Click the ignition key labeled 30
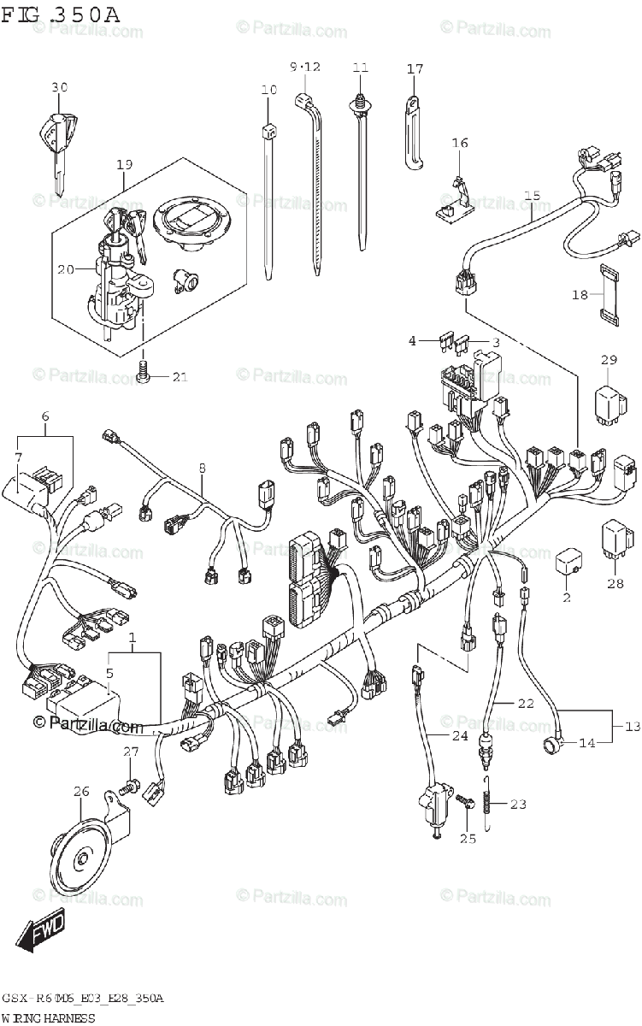[x=56, y=141]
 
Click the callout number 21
[x=180, y=377]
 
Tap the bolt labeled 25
[x=465, y=803]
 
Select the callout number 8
[x=203, y=468]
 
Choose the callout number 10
[x=269, y=90]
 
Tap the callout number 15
[x=533, y=196]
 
